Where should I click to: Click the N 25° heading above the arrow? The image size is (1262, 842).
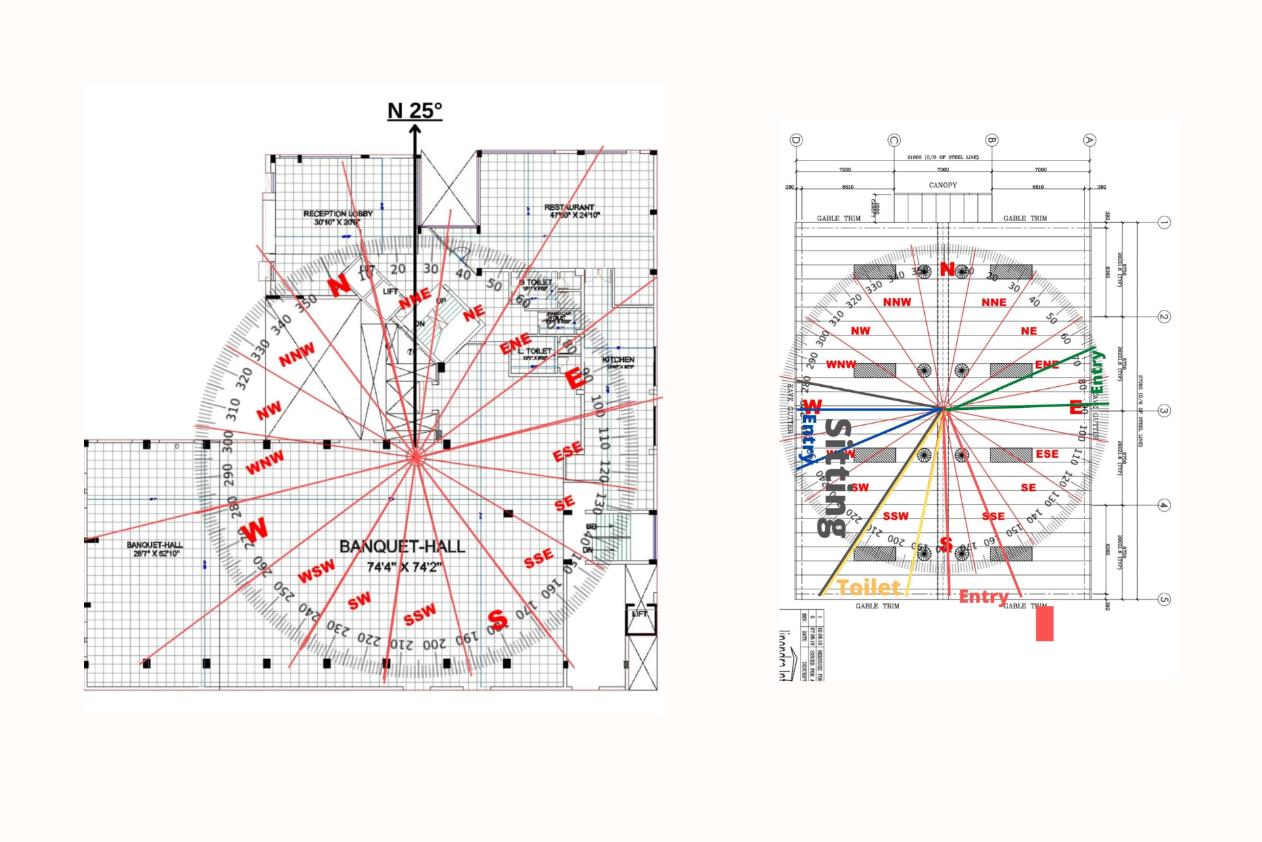point(415,111)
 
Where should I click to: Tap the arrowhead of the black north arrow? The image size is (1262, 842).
point(415,130)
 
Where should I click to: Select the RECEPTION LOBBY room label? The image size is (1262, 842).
point(338,218)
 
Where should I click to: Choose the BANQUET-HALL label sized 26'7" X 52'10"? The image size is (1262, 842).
point(155,549)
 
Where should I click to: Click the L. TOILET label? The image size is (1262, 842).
point(534,353)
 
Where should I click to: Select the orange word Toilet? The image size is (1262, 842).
point(868,587)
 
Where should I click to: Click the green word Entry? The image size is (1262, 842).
point(1097,372)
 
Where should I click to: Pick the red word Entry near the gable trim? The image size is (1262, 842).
point(983,597)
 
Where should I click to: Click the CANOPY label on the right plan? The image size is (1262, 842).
point(943,186)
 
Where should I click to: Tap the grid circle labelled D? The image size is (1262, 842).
point(796,140)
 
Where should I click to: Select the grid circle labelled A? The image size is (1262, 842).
point(1089,140)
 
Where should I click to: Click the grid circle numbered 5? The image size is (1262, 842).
point(1163,599)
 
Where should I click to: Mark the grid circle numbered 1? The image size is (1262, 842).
point(1163,222)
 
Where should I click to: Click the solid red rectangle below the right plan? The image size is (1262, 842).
point(1044,623)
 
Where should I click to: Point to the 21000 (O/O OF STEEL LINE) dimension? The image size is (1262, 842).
point(943,158)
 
